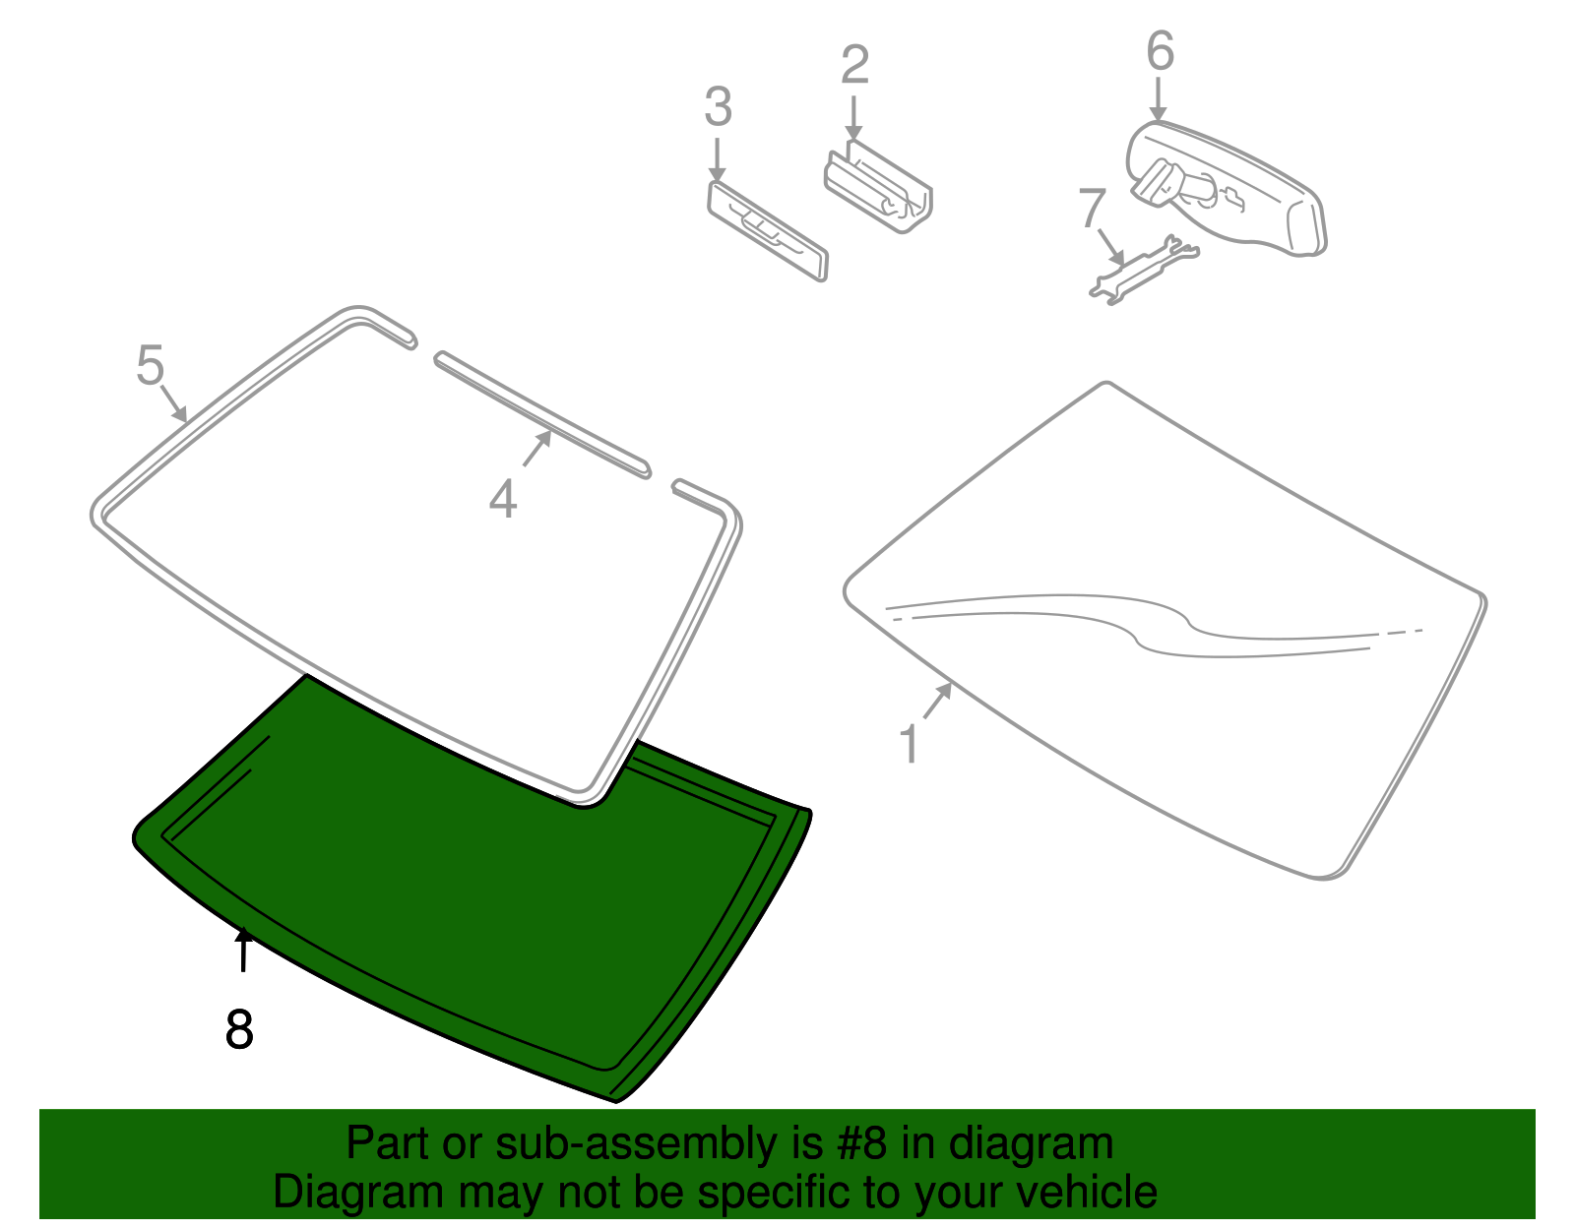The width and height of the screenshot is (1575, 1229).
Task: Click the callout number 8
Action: click(x=239, y=1029)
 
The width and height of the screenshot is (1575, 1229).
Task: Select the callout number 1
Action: click(x=910, y=744)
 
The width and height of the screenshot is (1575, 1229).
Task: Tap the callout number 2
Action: click(x=854, y=65)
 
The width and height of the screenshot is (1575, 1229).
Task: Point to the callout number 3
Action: click(x=718, y=107)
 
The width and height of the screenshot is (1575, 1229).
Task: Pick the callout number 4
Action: click(x=503, y=500)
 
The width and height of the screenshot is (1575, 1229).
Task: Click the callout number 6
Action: click(x=1160, y=51)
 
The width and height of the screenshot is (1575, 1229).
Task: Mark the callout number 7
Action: click(x=1092, y=208)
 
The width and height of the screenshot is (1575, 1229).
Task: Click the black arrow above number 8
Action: click(x=243, y=950)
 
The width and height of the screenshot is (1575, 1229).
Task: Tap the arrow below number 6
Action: click(x=1159, y=99)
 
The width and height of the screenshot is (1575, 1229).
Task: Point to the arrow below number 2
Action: click(x=853, y=117)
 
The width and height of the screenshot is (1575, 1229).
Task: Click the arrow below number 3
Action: click(x=717, y=159)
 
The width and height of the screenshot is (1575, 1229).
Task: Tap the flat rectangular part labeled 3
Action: click(x=768, y=230)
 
